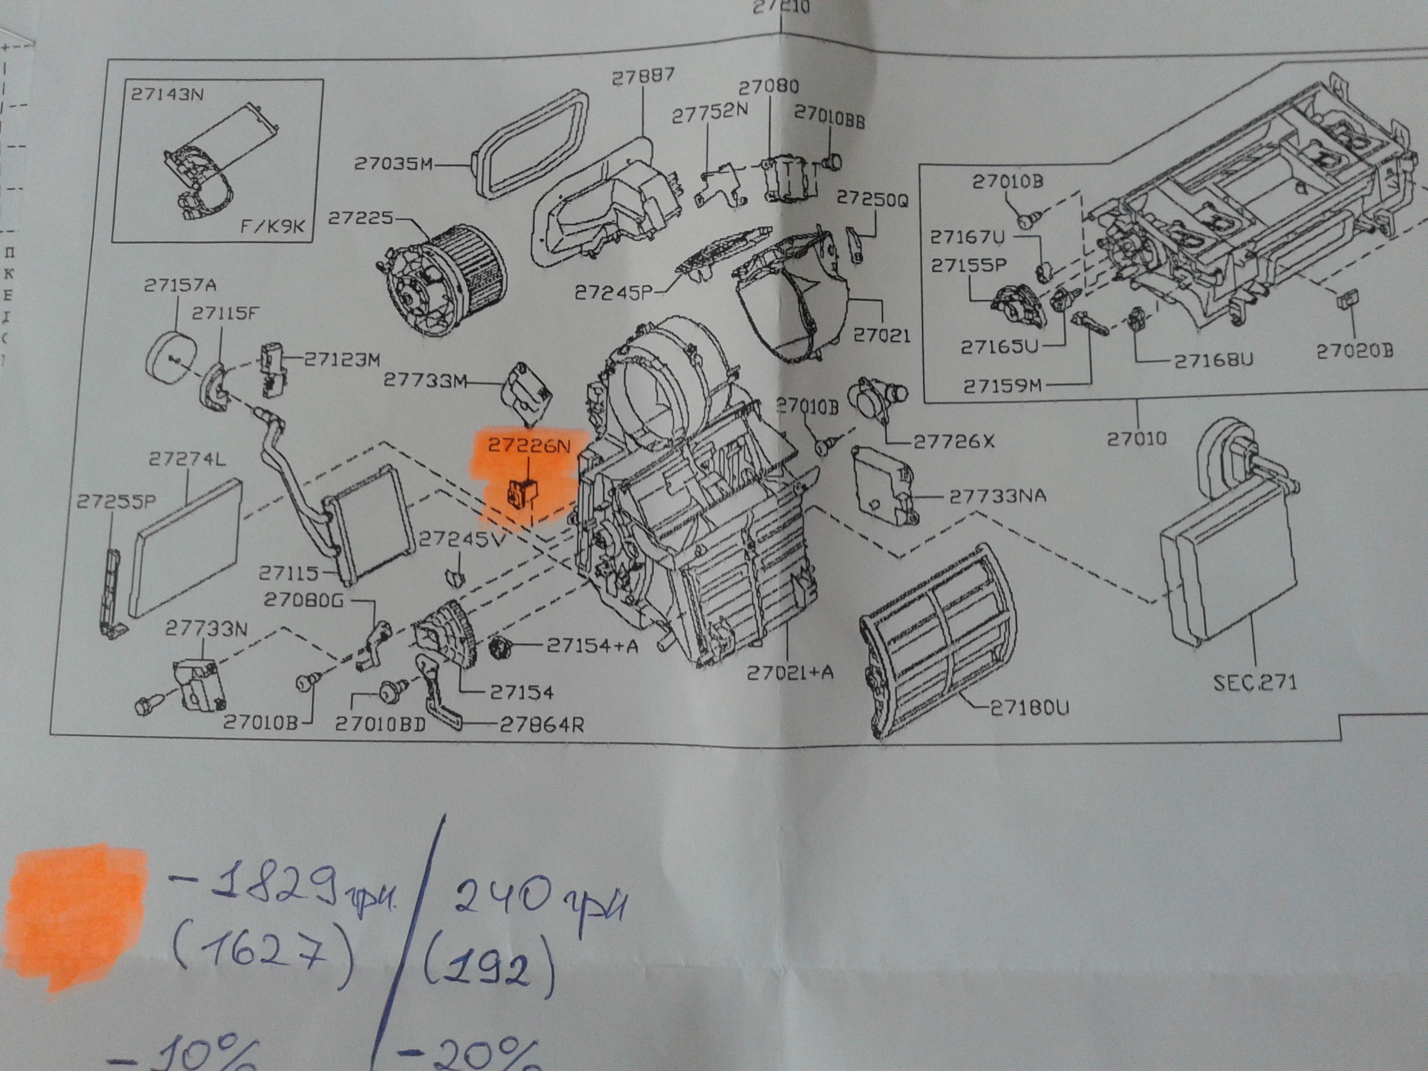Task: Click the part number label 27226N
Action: coord(529,446)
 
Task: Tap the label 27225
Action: coord(360,218)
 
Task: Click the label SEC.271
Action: coord(1255,682)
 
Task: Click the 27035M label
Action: coord(393,164)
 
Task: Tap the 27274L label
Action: coord(187,459)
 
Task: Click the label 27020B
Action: coord(1354,350)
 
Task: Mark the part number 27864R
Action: coord(542,725)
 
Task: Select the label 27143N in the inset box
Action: coord(167,94)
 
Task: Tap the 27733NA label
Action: coord(997,496)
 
